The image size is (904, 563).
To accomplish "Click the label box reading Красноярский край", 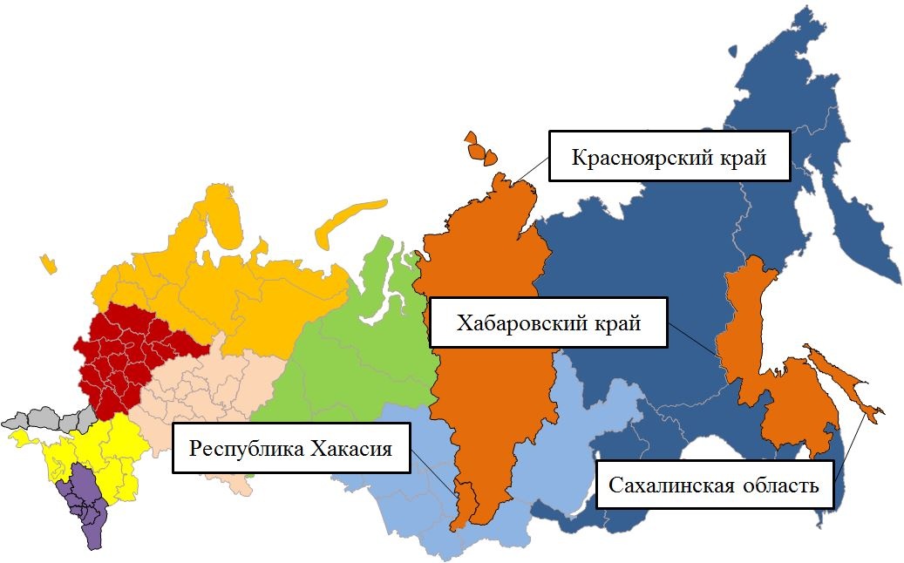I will coord(669,157).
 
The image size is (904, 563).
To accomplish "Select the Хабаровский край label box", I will coord(549,323).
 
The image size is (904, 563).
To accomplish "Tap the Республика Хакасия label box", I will coord(291,449).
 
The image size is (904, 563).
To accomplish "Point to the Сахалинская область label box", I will coord(714,485).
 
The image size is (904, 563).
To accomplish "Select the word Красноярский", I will coord(639,158).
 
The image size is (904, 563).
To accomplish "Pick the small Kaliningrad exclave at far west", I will coord(47,263).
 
